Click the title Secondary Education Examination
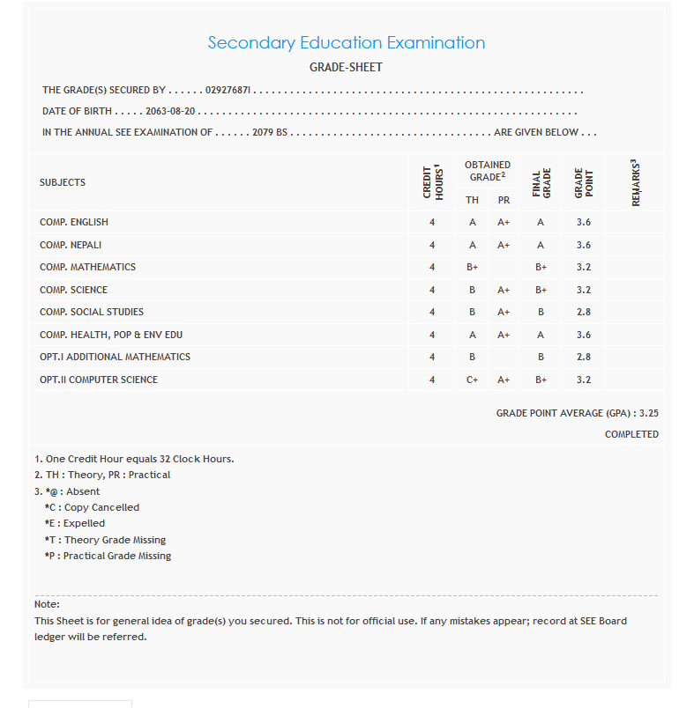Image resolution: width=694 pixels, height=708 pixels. pos(346,42)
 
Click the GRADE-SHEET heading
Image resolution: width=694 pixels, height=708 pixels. pos(346,67)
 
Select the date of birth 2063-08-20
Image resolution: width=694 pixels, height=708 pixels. pos(176,112)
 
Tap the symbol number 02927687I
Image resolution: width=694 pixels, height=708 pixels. pos(228,91)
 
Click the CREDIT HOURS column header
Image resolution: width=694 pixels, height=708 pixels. pos(432,182)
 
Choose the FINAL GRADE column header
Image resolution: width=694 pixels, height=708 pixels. pos(541,182)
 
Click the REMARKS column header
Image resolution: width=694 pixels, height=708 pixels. pos(636,182)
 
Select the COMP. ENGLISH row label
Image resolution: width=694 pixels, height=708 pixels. pos(74,222)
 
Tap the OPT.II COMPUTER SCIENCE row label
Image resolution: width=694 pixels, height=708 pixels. pos(99,380)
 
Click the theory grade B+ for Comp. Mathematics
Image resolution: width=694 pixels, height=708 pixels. pos(473,267)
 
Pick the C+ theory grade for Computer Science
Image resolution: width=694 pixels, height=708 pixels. pos(473,380)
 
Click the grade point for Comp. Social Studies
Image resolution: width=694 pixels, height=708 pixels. pos(584,312)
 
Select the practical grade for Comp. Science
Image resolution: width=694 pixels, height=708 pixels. pos(504,290)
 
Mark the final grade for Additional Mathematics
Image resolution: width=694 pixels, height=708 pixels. pos(541,357)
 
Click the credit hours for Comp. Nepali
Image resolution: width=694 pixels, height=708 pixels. pos(432,245)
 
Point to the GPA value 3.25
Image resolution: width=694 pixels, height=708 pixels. pos(649,412)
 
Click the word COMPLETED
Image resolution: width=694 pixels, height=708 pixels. pos(631,434)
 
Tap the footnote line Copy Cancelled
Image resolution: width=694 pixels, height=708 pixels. pos(92,507)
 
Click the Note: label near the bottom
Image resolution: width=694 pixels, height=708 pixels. pos(47,604)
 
